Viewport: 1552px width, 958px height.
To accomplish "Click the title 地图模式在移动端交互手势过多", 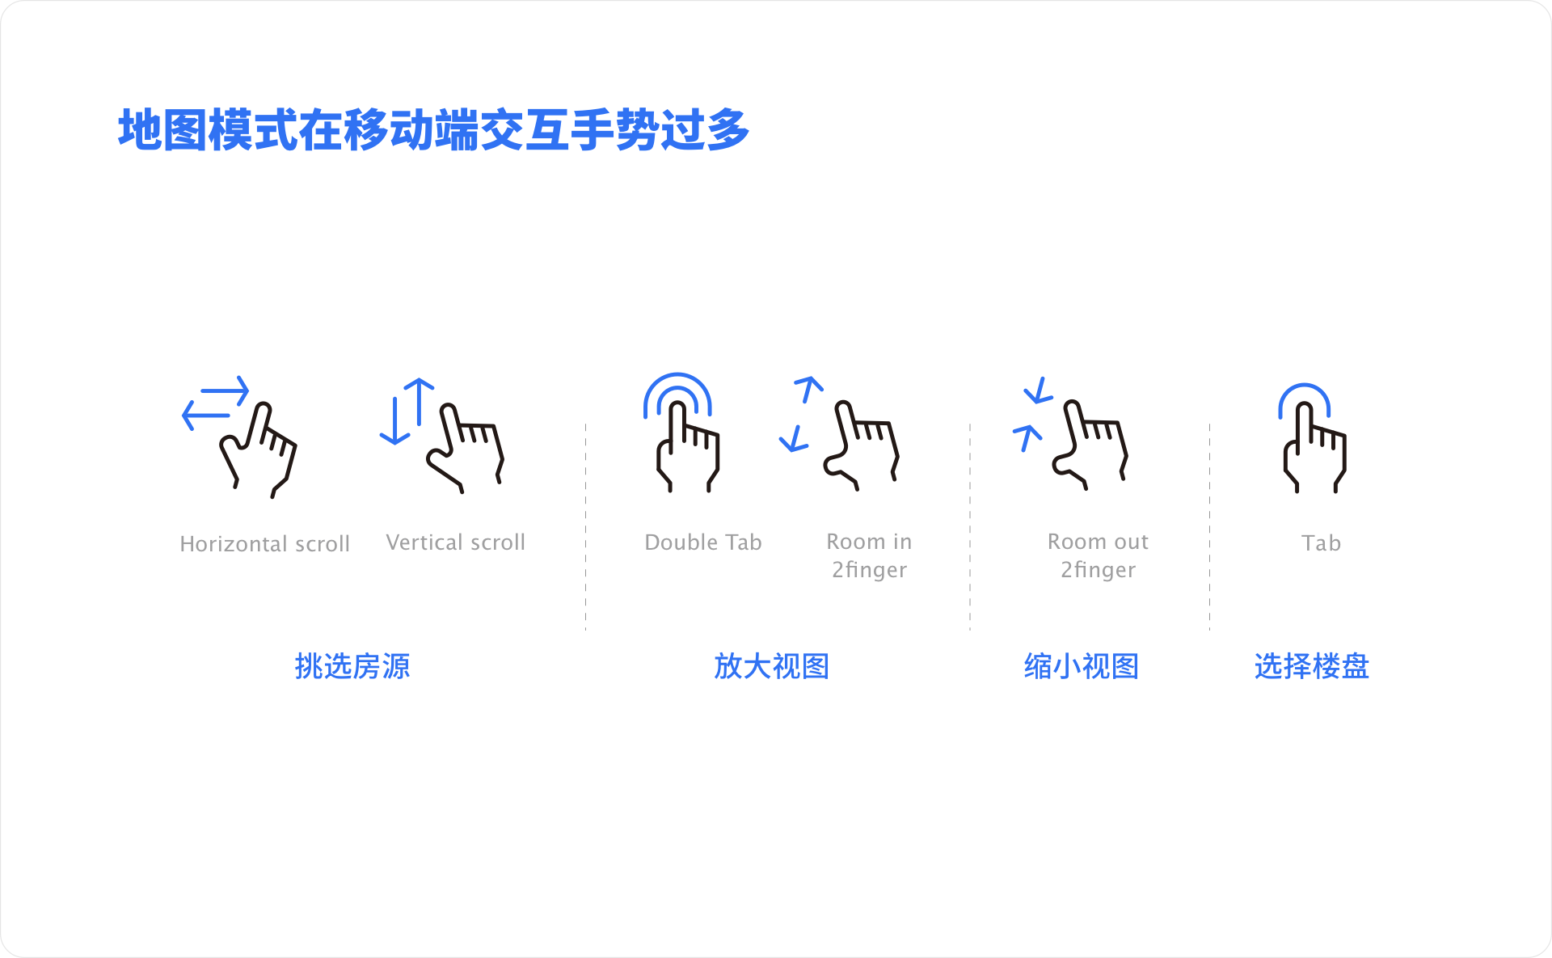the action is pyautogui.click(x=434, y=129).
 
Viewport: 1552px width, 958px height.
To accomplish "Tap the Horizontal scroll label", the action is pyautogui.click(x=265, y=543).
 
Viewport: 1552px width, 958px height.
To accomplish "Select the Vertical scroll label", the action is pyautogui.click(x=456, y=542).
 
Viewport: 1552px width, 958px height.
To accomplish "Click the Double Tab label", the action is pyautogui.click(x=703, y=542).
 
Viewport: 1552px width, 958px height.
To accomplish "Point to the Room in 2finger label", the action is pyautogui.click(x=869, y=555).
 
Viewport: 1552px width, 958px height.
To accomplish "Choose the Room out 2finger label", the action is pyautogui.click(x=1098, y=555).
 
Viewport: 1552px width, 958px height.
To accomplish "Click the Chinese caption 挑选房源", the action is pyautogui.click(x=352, y=666).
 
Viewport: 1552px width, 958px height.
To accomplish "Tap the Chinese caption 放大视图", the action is pyautogui.click(x=772, y=666).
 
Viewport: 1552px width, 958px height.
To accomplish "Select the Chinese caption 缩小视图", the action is pyautogui.click(x=1082, y=666).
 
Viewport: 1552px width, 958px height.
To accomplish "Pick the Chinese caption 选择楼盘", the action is pyautogui.click(x=1312, y=666).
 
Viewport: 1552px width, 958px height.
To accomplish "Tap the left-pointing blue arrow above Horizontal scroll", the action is pyautogui.click(x=206, y=416).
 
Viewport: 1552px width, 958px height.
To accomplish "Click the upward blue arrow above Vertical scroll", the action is pyautogui.click(x=420, y=402).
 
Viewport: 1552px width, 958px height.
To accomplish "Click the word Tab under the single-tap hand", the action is pyautogui.click(x=1322, y=542).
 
